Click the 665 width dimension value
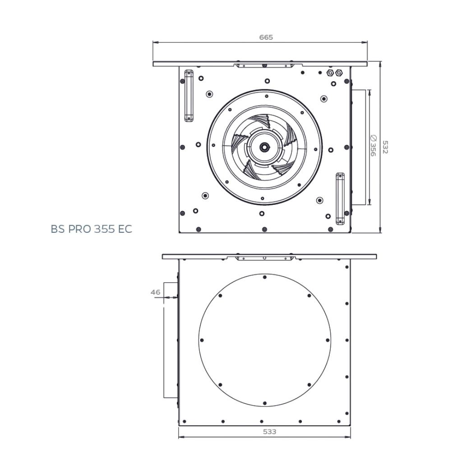pyautogui.click(x=266, y=37)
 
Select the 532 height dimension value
pyautogui.click(x=385, y=147)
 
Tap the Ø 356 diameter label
pyautogui.click(x=373, y=146)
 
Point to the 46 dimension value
pyautogui.click(x=156, y=292)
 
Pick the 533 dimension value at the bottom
pyautogui.click(x=269, y=432)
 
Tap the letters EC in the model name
pyautogui.click(x=125, y=229)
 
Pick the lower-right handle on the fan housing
pyautogui.click(x=340, y=198)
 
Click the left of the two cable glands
pyautogui.click(x=329, y=72)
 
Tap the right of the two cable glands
pyautogui.click(x=339, y=72)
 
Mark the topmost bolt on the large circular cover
pyautogui.click(x=264, y=277)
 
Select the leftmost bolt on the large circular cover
pyautogui.click(x=202, y=340)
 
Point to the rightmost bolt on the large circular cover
pyautogui.click(x=328, y=340)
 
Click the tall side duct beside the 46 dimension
pyautogui.click(x=170, y=340)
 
